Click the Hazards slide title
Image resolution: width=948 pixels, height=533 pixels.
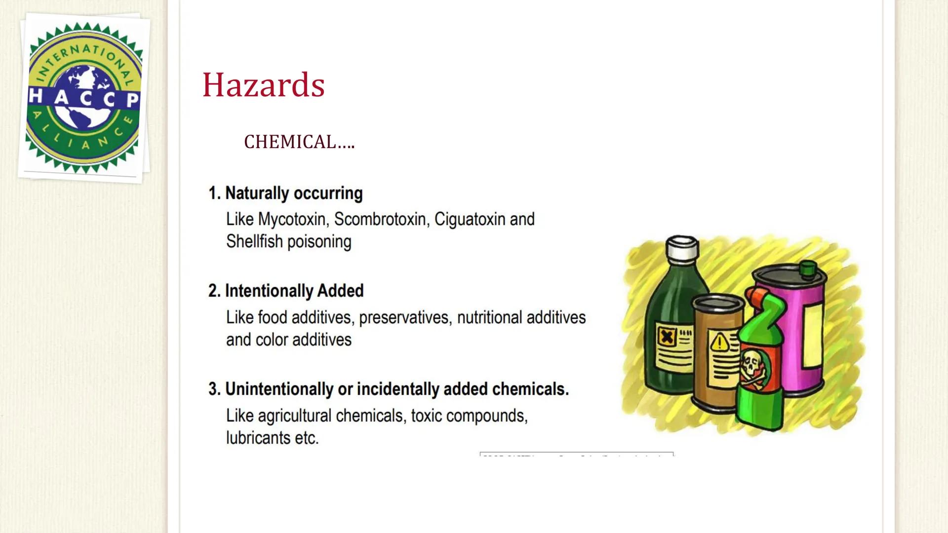[x=263, y=85]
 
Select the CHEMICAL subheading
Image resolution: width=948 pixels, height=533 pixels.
[x=299, y=142]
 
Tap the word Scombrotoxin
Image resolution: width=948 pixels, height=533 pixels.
[x=380, y=219]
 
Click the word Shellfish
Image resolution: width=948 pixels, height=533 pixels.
[x=254, y=242]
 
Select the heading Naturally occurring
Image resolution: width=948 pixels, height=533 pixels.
[x=294, y=193]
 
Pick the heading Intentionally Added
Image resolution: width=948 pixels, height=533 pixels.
[x=294, y=291]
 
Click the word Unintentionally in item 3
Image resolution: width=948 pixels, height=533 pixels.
[x=279, y=389]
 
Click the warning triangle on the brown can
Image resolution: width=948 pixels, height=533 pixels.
[x=719, y=341]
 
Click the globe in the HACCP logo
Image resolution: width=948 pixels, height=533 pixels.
[x=84, y=97]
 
